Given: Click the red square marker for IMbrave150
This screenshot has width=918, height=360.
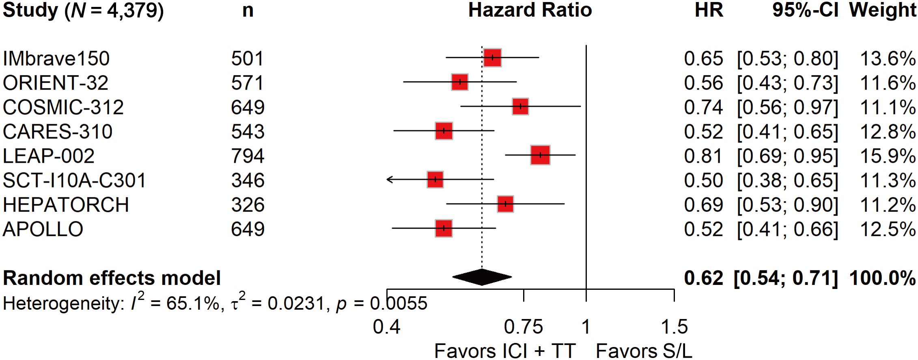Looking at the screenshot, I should click(x=492, y=58).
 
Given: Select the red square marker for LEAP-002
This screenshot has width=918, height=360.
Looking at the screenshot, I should click(x=540, y=155).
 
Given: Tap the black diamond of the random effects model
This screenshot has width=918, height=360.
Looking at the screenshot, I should click(x=482, y=277).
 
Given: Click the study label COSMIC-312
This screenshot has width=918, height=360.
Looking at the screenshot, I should click(x=63, y=107).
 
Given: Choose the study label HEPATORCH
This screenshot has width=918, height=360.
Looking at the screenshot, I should click(x=66, y=205).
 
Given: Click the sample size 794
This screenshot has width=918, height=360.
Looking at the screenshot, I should click(x=248, y=156).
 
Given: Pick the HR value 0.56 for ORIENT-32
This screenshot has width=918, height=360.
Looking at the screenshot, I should click(x=703, y=83).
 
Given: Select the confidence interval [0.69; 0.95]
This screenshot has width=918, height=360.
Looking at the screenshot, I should click(x=787, y=156).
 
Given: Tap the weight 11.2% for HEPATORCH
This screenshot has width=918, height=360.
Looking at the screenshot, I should click(x=888, y=205).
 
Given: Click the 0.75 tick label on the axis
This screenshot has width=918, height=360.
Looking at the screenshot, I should click(x=523, y=327).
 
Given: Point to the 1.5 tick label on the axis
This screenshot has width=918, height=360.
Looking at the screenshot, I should click(x=674, y=327).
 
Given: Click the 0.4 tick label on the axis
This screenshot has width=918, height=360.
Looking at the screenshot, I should click(x=386, y=327).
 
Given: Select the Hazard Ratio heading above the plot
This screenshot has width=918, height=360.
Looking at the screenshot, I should click(x=530, y=10).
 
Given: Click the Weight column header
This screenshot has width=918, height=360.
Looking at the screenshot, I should click(x=882, y=10).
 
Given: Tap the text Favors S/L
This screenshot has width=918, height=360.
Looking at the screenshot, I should click(x=644, y=351).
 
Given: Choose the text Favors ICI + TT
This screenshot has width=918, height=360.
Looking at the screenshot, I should click(x=505, y=351).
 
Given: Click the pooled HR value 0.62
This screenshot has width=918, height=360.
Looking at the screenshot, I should click(x=703, y=278).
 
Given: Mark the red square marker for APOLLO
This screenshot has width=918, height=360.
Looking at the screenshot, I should click(x=444, y=228).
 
